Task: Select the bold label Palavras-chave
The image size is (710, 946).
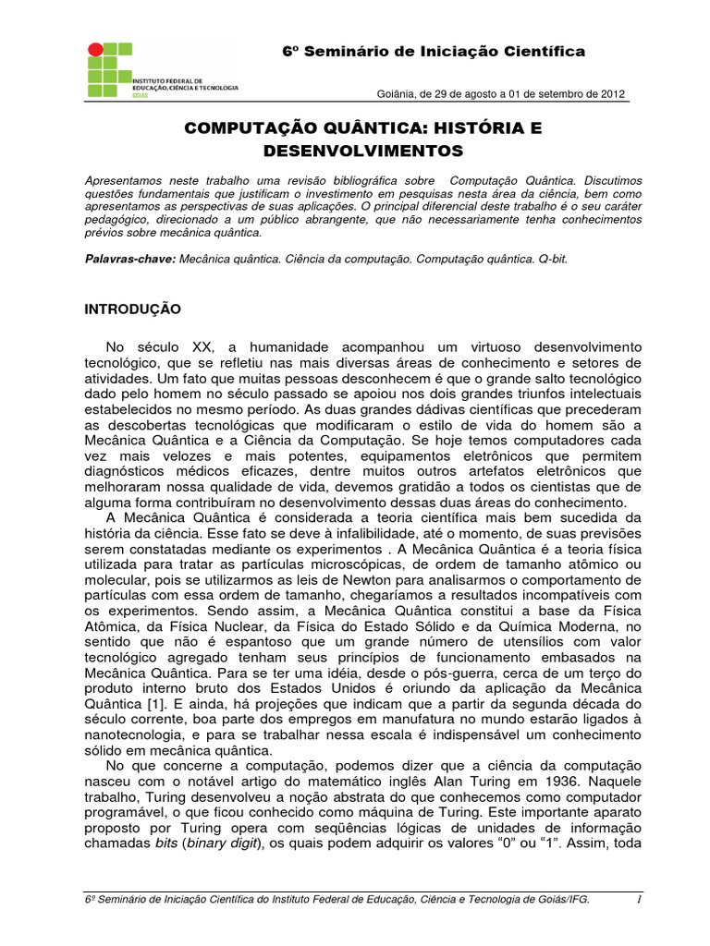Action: coord(129,260)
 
